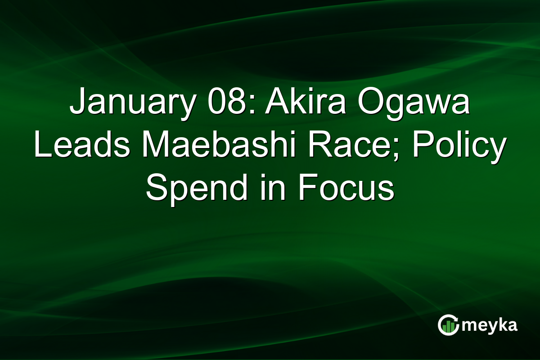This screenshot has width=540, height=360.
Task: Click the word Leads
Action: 81,148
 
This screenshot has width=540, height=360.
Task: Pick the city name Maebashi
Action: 216,148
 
